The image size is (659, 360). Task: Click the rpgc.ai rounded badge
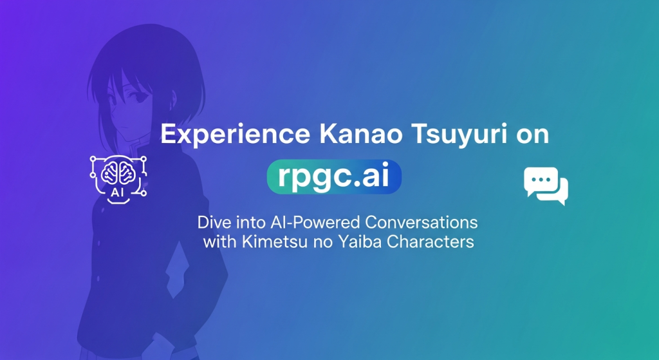click(334, 176)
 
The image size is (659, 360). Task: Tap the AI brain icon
click(118, 180)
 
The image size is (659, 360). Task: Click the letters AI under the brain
click(117, 193)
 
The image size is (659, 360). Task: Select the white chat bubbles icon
click(546, 186)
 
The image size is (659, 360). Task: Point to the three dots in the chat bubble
click(541, 180)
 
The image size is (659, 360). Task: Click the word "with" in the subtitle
click(220, 242)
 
